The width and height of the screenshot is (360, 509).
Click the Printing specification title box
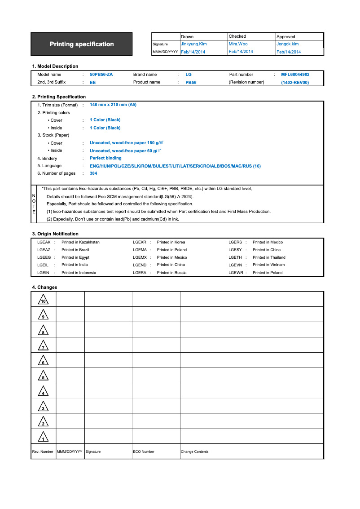[82, 44]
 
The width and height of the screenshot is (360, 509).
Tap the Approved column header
[286, 36]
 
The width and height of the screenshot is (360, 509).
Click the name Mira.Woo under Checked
[238, 44]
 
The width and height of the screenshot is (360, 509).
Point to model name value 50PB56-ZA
[101, 75]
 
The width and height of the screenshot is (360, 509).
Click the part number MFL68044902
[295, 75]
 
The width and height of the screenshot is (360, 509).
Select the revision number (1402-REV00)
[295, 83]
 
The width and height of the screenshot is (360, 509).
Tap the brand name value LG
[189, 75]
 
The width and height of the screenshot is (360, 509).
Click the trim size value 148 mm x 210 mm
[113, 105]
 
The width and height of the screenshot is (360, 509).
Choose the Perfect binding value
[105, 158]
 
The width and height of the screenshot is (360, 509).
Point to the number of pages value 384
[93, 173]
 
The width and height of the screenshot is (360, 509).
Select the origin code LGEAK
[44, 242]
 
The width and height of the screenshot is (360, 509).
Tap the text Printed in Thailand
[269, 257]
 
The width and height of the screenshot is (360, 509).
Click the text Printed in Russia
[171, 273]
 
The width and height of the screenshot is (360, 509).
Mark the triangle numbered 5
[43, 376]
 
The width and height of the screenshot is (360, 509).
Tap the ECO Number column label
[144, 451]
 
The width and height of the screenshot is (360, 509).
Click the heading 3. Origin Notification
[55, 234]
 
